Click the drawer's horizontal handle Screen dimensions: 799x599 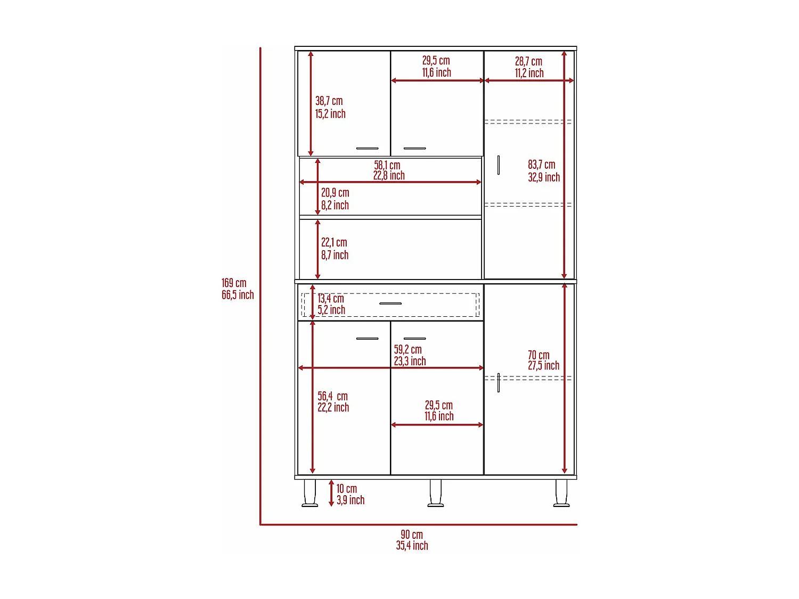click(x=390, y=303)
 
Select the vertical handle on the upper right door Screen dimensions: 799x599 click(x=499, y=165)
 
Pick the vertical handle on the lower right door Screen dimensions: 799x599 click(x=499, y=383)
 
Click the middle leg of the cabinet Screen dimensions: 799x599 click(x=435, y=493)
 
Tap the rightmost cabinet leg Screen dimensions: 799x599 click(x=561, y=493)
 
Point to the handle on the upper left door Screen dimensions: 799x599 click(x=368, y=149)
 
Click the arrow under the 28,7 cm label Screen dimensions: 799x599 click(x=529, y=80)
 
